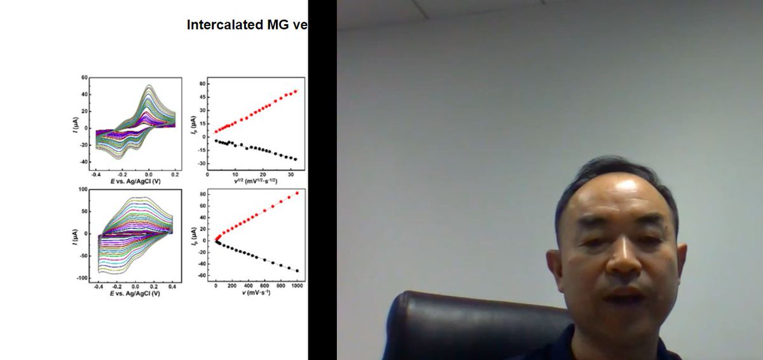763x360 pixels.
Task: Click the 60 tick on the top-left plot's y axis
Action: (84, 78)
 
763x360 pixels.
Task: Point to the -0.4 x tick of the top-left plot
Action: (96, 173)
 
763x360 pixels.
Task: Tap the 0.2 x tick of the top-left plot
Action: (175, 173)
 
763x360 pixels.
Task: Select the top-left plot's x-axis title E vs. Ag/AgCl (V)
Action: (135, 181)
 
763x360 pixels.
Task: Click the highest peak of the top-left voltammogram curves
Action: (149, 85)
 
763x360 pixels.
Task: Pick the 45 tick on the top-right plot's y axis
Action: (202, 97)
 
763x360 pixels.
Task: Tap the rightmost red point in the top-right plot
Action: (296, 91)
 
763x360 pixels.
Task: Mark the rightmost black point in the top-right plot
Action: (296, 159)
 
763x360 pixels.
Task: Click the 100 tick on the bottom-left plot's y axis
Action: (82, 190)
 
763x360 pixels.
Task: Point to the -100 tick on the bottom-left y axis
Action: (81, 279)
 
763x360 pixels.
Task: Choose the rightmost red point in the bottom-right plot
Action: (297, 193)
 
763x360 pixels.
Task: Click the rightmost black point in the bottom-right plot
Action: (297, 271)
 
